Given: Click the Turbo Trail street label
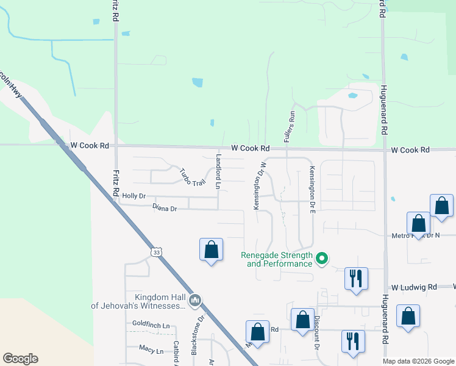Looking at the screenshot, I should point(191,176).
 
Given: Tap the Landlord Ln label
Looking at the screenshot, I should point(218,171).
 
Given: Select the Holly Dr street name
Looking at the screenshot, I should point(134,196).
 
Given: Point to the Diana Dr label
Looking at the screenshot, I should point(165,209).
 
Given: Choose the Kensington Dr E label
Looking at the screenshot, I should point(312,189).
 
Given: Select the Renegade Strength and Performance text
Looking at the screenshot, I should point(277,260).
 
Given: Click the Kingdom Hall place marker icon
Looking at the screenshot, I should point(195,300).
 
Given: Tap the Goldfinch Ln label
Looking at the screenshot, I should point(151,325).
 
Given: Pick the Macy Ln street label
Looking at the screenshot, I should point(151,351).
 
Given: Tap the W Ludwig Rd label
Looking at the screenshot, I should point(415,287).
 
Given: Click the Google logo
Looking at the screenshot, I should point(20,359).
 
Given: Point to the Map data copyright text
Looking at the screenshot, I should point(418,361).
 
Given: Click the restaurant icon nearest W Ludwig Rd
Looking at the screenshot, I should point(355,279).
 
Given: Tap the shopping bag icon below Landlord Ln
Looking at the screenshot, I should point(211,249).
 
